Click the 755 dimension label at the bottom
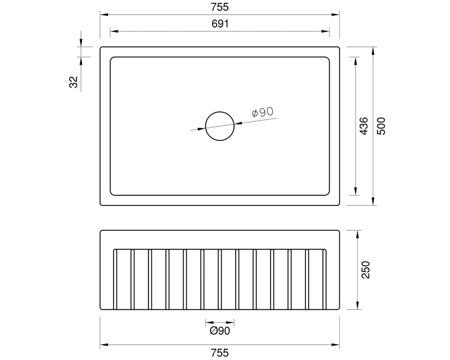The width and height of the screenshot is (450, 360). [x=220, y=353]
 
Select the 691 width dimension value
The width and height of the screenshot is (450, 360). [x=220, y=24]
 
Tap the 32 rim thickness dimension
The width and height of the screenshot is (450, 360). [x=73, y=82]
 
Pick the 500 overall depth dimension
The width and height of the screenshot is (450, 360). [x=381, y=125]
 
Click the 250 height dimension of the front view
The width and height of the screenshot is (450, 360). [x=367, y=270]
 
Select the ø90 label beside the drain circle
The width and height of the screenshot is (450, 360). [x=263, y=113]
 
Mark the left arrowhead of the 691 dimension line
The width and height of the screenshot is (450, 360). [x=112, y=31]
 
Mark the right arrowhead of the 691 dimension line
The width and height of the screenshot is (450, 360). [x=328, y=31]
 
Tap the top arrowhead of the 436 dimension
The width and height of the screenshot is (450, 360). [x=355, y=59]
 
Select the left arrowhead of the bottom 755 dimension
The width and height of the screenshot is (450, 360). [x=103, y=344]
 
